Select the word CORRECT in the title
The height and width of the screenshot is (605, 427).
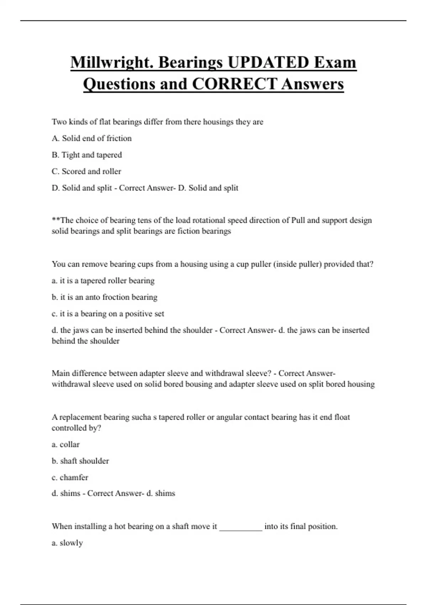[234, 84]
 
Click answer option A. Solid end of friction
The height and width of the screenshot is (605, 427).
[91, 138]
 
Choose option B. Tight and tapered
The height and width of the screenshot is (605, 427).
[87, 155]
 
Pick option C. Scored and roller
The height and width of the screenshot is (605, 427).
[86, 172]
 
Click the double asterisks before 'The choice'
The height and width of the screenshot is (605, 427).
[56, 220]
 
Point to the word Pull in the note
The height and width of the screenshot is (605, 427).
[298, 220]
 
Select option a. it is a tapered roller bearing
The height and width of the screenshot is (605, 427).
[103, 281]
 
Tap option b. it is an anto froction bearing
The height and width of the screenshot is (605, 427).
[105, 297]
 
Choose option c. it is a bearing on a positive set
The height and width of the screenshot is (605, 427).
[108, 314]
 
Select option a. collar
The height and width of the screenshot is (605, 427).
[66, 444]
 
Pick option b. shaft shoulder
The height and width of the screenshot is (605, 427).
[80, 461]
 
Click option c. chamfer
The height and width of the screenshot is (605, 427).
[70, 478]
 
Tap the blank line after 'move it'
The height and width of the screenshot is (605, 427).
[241, 527]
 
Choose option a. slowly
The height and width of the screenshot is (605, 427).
[67, 543]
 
